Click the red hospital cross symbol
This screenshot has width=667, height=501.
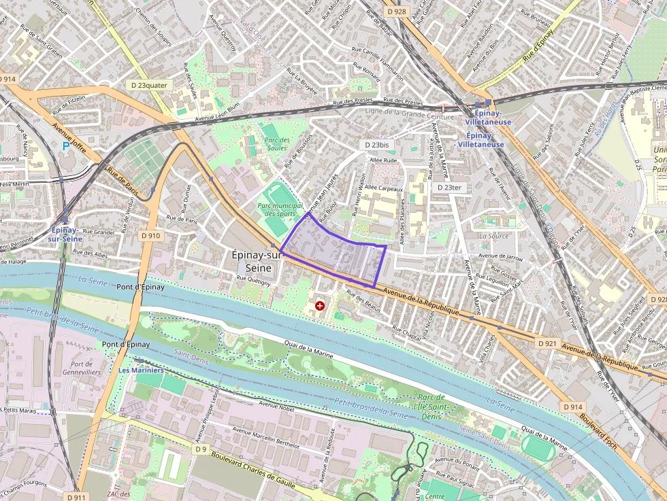coord(319,307)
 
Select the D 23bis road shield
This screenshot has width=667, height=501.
coord(376,145)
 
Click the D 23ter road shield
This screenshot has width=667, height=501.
coord(449,187)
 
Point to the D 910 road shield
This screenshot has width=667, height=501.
coord(150,236)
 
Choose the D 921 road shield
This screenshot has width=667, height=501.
coord(547,344)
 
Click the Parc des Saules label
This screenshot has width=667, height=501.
coord(278,143)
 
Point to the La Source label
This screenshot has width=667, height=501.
coord(493,236)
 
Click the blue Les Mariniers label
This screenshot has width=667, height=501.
coord(141,370)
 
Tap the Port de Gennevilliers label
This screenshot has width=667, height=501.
coord(86,368)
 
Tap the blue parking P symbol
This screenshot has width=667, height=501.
coord(65,145)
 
